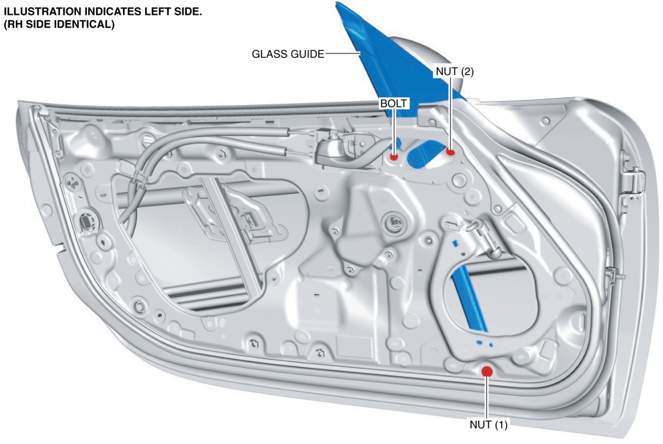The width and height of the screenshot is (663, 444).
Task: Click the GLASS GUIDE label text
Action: click(x=288, y=54)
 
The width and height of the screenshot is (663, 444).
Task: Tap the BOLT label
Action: click(x=393, y=104)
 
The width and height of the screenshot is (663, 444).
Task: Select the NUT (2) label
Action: click(x=454, y=72)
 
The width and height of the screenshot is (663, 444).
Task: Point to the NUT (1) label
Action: click(x=488, y=424)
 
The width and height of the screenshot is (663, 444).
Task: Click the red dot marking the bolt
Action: click(x=394, y=157)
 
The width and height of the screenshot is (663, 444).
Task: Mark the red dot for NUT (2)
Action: click(x=450, y=152)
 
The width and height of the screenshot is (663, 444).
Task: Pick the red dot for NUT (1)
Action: click(x=487, y=371)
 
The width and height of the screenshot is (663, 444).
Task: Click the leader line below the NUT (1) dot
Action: click(x=486, y=398)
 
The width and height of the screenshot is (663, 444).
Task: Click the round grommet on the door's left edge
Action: click(x=87, y=220)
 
